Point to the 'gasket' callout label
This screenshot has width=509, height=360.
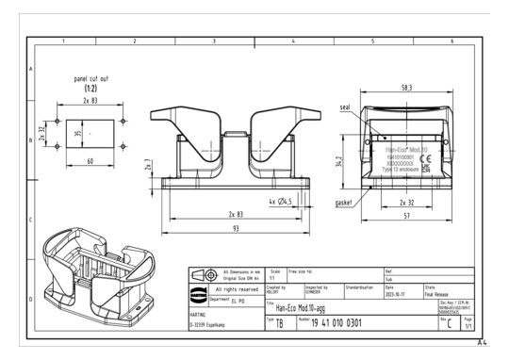[x=344, y=203]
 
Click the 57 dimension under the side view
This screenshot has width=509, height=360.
[x=405, y=216]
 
